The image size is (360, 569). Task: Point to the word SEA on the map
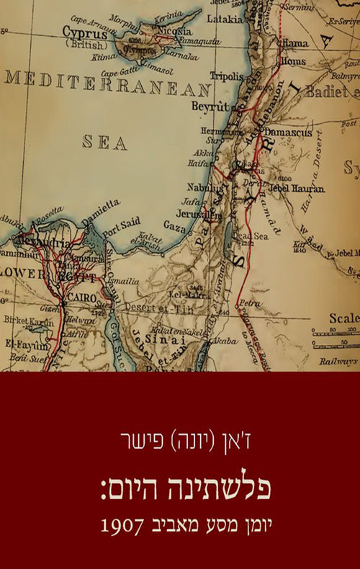click(x=105, y=141)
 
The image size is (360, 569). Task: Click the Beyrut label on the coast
click(x=210, y=106)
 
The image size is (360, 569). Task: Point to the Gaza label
click(x=175, y=225)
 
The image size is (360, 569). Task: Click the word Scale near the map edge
click(x=344, y=318)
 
